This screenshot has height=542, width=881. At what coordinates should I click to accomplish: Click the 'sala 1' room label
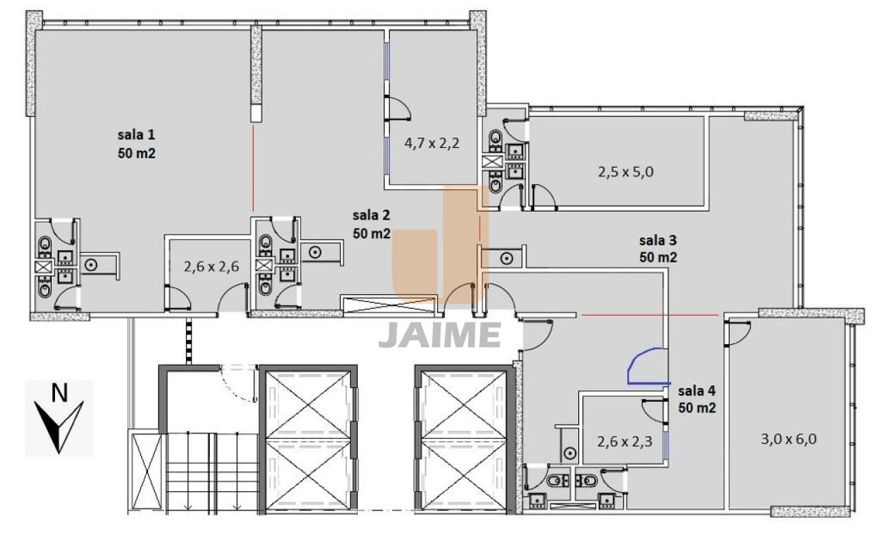coord(136,135)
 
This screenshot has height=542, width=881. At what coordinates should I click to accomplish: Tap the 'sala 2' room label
coord(371,215)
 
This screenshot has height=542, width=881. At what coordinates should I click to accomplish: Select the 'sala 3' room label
coord(657,240)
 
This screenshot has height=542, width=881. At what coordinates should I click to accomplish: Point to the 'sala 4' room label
coord(697,391)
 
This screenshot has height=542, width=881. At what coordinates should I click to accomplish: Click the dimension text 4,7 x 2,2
coord(432,143)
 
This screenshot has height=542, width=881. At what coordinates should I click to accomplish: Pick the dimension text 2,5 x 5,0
coord(626,172)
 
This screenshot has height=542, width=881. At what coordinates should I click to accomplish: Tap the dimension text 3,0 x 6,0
coord(788,439)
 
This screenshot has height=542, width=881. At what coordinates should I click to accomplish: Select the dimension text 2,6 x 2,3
coord(624,442)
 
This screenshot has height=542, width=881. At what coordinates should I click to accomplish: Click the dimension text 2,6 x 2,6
coord(211,267)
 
